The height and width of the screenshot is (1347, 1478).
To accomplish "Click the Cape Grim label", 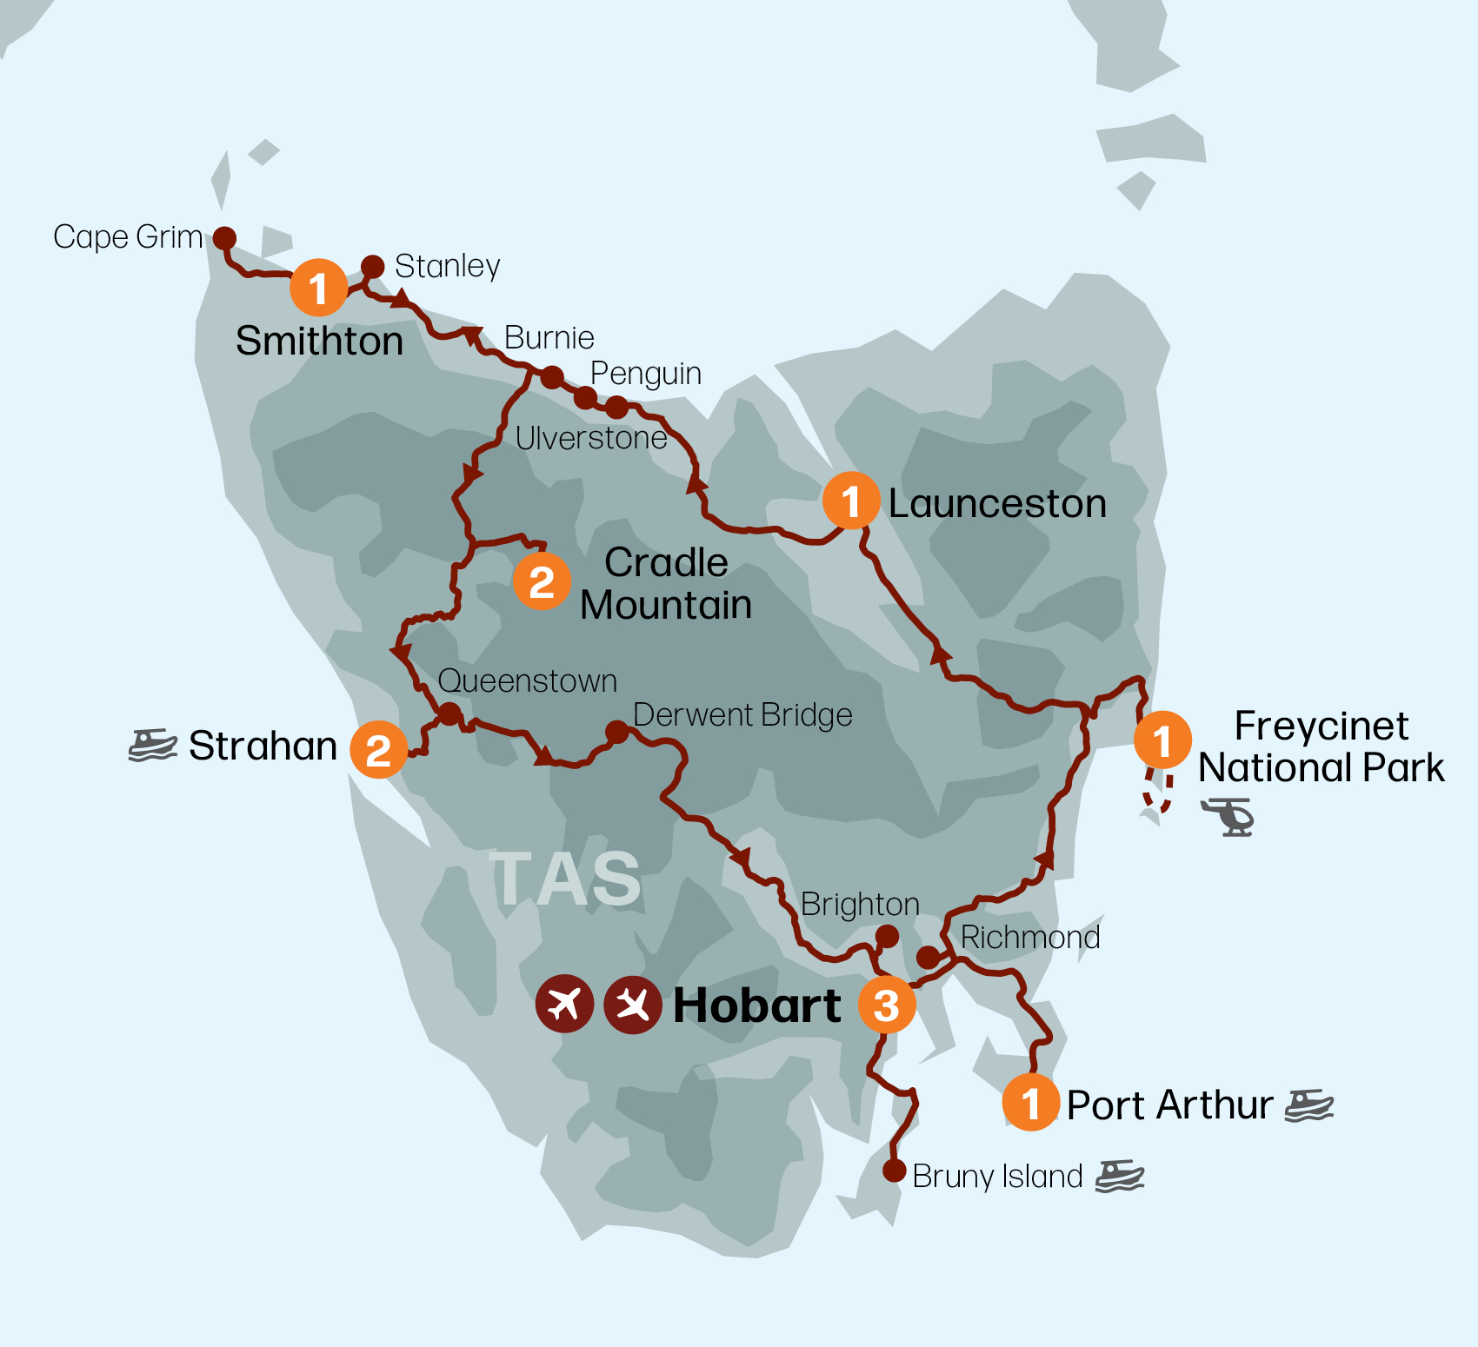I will [x=128, y=237].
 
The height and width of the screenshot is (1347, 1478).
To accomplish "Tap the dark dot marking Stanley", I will [x=373, y=266].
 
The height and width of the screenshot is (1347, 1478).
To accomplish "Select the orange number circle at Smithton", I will [x=318, y=288].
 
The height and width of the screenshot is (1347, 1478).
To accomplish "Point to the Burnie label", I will [x=549, y=337].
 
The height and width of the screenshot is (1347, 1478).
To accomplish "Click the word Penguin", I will [x=645, y=374].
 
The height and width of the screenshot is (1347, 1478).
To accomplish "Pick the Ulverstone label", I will [x=591, y=438].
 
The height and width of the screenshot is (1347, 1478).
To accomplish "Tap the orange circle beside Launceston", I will [x=851, y=501].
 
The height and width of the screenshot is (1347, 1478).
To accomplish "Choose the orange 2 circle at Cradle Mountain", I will [x=542, y=581].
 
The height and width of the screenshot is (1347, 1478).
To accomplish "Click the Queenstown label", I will [x=528, y=681].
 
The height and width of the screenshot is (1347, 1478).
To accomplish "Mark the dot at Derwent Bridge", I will [x=616, y=732].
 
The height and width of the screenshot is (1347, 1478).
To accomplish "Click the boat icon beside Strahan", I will [x=153, y=746].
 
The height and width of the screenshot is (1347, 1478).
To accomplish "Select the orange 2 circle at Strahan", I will [x=378, y=749].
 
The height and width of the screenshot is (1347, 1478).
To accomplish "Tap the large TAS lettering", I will [x=566, y=879].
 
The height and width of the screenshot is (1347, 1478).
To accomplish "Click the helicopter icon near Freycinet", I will [x=1227, y=817].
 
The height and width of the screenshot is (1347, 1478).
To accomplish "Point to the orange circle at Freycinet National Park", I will [x=1162, y=740].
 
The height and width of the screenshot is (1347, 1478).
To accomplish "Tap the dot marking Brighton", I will [x=887, y=936].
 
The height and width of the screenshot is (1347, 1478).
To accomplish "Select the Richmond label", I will [x=1030, y=938].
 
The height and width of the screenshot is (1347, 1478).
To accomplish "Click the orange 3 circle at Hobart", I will [x=886, y=1005].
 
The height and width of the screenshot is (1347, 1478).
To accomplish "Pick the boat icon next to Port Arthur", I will [x=1308, y=1105].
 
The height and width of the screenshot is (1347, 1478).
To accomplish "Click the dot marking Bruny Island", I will [x=894, y=1171].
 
